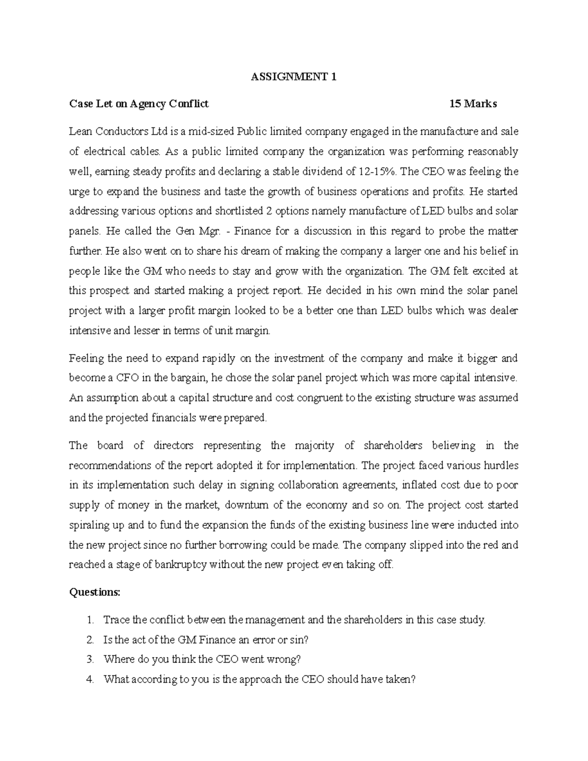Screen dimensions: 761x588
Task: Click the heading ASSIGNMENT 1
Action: point(294,77)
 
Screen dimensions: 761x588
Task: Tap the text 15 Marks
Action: point(473,104)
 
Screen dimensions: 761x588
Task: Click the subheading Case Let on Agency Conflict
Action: point(139,104)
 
